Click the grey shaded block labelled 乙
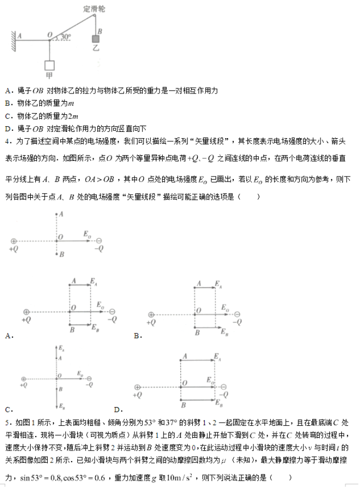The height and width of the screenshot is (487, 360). (96, 39)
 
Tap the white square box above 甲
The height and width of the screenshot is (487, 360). (50, 66)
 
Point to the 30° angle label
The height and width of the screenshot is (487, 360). (65, 37)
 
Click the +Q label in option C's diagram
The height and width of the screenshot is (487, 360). (24, 385)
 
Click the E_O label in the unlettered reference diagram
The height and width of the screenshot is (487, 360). (87, 235)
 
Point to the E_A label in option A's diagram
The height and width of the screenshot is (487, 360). (93, 281)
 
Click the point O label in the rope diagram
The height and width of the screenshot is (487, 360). (49, 35)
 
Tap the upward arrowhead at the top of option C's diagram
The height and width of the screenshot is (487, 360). (56, 346)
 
